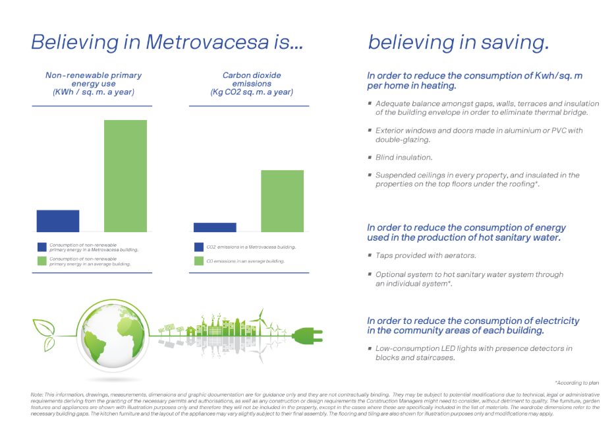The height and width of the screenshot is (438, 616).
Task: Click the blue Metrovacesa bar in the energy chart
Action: [x=58, y=221]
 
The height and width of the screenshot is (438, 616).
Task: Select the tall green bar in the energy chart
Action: [x=125, y=176]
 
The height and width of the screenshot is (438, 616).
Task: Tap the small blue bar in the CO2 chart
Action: [x=215, y=228]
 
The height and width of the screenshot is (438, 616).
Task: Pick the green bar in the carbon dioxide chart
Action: [x=282, y=201]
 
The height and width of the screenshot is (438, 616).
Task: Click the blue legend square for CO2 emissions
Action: [x=198, y=247]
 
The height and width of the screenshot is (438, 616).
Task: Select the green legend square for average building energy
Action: [x=42, y=262]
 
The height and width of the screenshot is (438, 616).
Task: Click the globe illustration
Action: [x=107, y=334]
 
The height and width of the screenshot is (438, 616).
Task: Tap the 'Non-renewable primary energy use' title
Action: [x=94, y=84]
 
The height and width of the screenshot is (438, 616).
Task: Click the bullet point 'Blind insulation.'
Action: [x=403, y=158]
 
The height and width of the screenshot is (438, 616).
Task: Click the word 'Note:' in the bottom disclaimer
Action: [x=38, y=394]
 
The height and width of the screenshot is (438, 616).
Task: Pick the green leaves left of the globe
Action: [x=45, y=332]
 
